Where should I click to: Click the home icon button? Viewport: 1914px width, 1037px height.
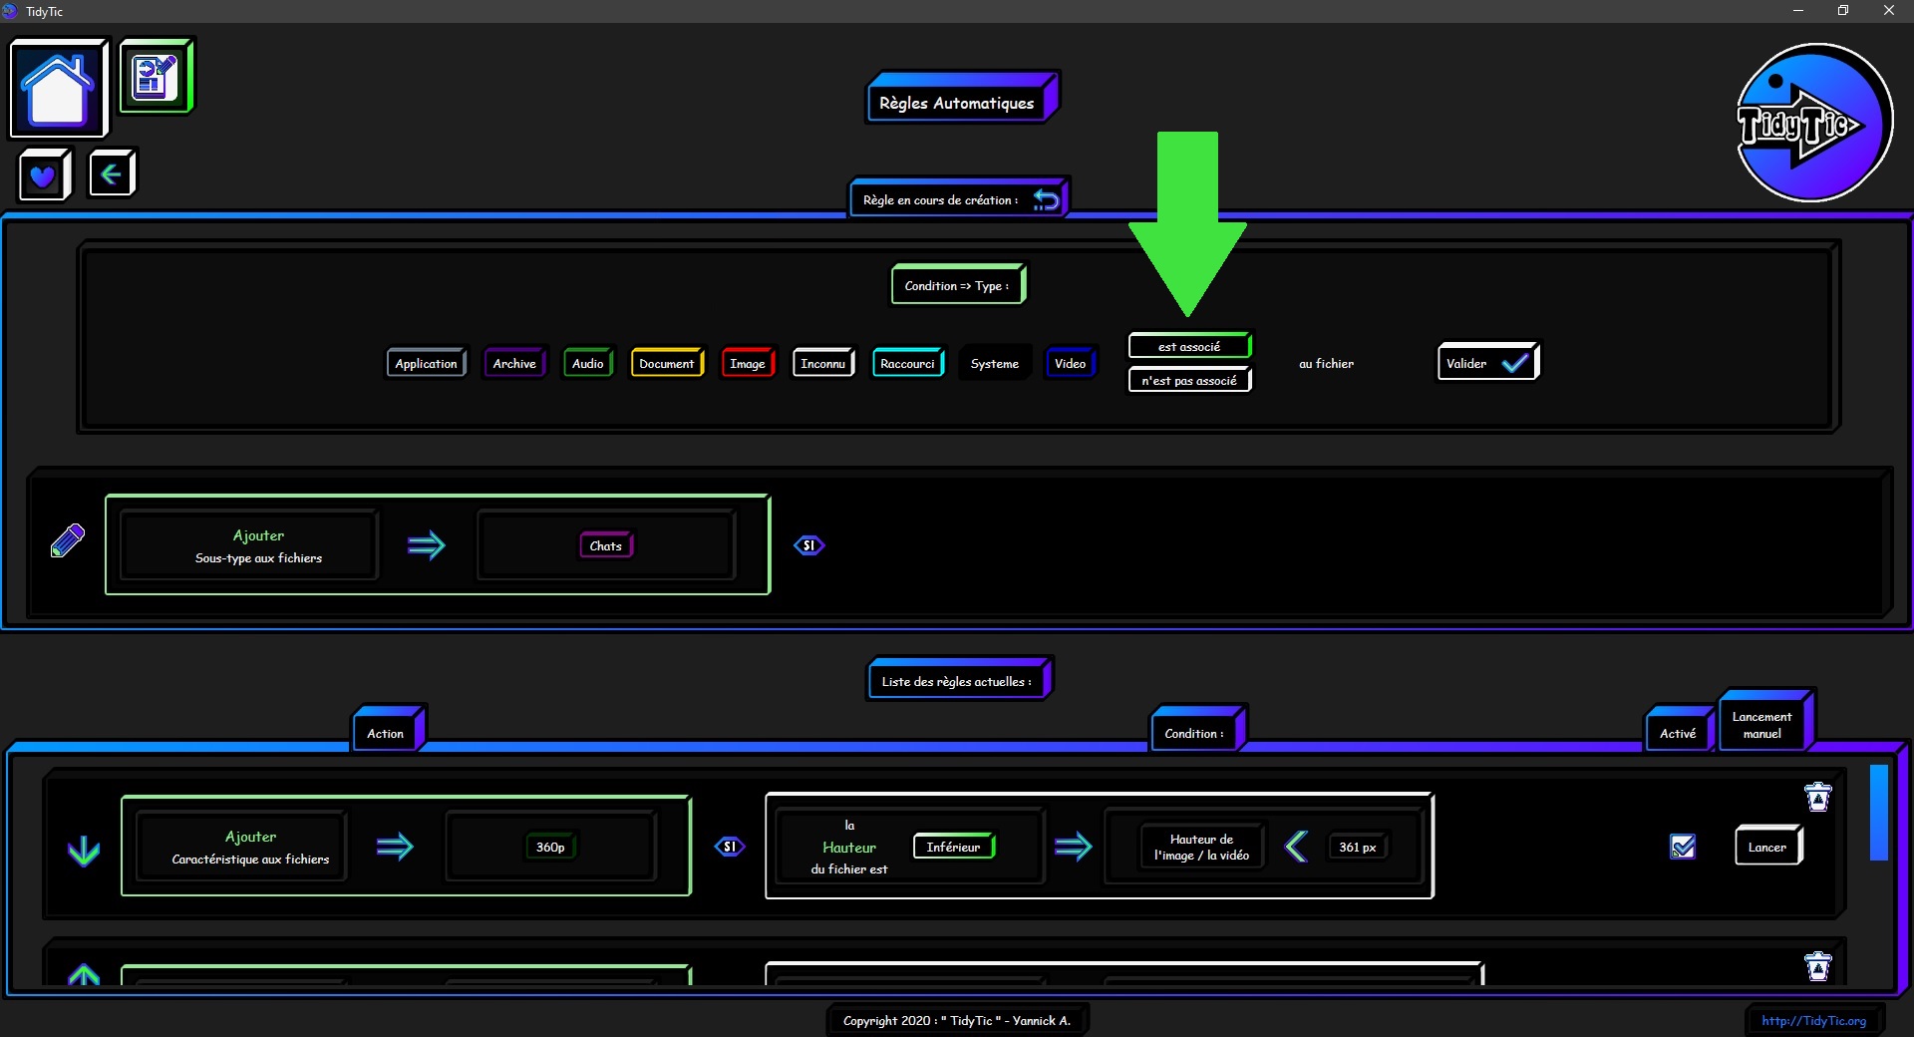58,88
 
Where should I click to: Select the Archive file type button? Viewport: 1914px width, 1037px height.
514,363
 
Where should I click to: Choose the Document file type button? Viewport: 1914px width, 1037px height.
667,363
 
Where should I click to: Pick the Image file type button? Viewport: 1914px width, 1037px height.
748,363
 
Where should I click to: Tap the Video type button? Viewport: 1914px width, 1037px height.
1071,363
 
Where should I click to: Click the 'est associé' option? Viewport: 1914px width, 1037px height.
1189,346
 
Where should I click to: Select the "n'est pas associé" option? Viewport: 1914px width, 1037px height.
1189,380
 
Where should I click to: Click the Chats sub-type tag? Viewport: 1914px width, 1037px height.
606,545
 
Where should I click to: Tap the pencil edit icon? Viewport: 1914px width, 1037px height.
68,540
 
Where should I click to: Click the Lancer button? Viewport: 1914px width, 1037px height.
1768,847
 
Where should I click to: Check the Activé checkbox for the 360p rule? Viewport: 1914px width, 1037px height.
1683,847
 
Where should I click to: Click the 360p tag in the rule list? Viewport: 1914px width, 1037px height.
550,847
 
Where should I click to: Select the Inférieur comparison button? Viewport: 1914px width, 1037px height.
954,847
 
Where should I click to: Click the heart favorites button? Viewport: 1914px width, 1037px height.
44,175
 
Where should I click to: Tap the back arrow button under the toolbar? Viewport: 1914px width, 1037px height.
112,174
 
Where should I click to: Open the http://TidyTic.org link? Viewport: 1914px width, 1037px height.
1813,1020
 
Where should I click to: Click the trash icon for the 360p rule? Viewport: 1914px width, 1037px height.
1818,797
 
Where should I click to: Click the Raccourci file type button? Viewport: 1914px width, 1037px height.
908,363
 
